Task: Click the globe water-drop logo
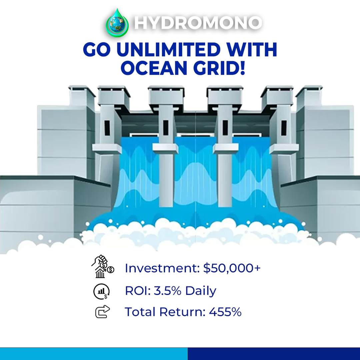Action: tap(117, 23)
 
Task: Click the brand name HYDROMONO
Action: tap(198, 23)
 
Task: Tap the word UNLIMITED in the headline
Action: tap(169, 49)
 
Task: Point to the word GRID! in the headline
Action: tap(219, 68)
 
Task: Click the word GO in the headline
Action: tap(97, 49)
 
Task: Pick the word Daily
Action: tap(201, 291)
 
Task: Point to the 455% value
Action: tap(225, 312)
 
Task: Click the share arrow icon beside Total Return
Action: tap(102, 312)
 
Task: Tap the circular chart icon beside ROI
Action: tap(101, 291)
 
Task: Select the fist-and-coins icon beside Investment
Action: tap(103, 266)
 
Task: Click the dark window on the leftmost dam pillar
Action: tap(107, 128)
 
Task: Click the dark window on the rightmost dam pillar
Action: tap(284, 128)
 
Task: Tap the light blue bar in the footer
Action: tap(94, 354)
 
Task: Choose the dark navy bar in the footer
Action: tap(274, 354)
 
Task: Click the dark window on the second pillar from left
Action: tap(166, 128)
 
